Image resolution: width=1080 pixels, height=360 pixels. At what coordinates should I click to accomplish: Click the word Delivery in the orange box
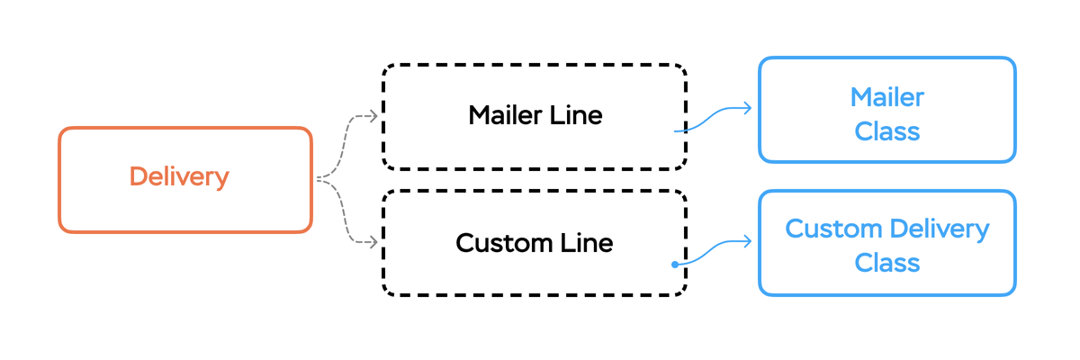coord(179,177)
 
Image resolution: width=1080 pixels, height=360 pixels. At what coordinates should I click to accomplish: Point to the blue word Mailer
coord(887,96)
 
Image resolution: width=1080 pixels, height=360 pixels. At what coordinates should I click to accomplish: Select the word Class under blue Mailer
coord(887,131)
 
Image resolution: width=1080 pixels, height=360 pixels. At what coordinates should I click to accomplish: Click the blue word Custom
coord(832,229)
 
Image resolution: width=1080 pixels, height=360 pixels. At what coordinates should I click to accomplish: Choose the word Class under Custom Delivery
coord(887,263)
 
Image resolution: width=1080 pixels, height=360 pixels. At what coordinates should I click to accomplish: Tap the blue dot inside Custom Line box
coord(674,265)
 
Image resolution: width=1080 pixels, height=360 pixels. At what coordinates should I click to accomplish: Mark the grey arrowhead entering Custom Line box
coord(372,242)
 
